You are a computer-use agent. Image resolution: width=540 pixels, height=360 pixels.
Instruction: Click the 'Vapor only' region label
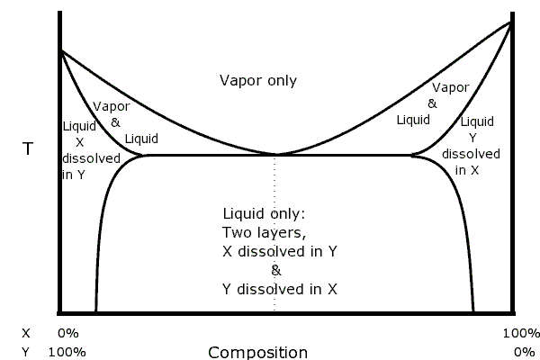click(x=258, y=81)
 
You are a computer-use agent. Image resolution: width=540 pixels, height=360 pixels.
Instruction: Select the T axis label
click(x=27, y=149)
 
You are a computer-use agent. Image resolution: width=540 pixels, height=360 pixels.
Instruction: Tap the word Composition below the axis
click(x=258, y=352)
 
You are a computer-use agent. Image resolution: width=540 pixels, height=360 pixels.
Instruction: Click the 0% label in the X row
click(x=68, y=332)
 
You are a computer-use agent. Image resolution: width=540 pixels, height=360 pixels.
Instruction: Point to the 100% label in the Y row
click(x=68, y=351)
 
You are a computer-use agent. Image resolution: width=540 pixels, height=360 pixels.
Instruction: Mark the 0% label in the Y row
click(x=524, y=351)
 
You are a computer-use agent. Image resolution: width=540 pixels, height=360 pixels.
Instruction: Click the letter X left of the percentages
click(x=25, y=332)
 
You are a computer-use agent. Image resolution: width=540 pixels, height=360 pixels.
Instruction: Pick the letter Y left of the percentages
click(x=25, y=351)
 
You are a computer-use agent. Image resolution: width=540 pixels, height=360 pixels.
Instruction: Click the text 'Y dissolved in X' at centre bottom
click(x=280, y=289)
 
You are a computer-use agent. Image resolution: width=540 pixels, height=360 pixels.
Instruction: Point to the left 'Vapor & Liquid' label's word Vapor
click(x=112, y=105)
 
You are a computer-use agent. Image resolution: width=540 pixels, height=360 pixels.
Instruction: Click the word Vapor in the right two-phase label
click(x=451, y=87)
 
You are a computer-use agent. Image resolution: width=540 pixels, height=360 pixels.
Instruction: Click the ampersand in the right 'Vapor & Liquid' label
click(x=432, y=103)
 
